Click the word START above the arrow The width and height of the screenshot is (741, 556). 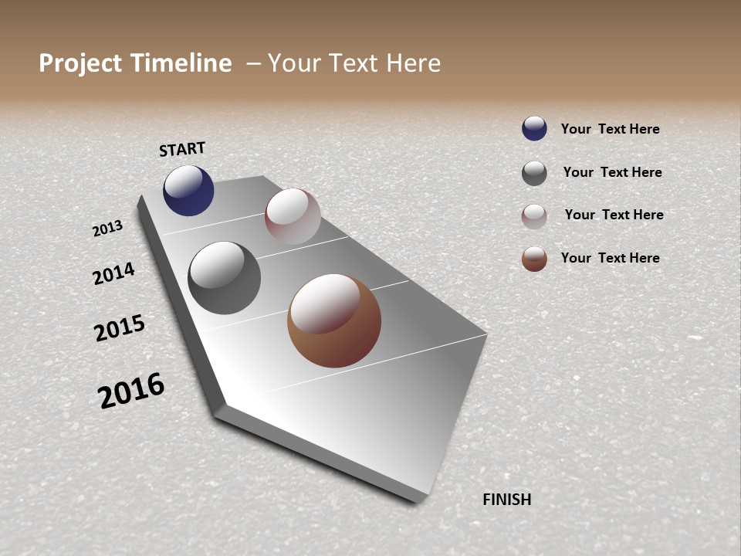(182, 149)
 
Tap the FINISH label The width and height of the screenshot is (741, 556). (506, 500)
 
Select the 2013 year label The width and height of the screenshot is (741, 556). (107, 229)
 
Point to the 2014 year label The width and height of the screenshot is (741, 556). (113, 273)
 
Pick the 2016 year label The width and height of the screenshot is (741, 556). (131, 391)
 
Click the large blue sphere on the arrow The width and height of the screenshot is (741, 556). (188, 191)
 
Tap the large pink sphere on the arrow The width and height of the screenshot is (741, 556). (293, 216)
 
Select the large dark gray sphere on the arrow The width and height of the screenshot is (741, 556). (224, 278)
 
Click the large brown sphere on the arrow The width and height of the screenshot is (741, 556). (334, 320)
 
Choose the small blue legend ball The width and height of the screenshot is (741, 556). (534, 129)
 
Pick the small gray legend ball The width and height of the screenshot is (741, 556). (534, 173)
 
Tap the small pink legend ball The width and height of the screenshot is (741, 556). (534, 216)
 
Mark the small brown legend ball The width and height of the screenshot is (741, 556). (534, 259)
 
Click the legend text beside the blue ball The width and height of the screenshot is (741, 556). (610, 129)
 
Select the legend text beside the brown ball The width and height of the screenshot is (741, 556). (610, 258)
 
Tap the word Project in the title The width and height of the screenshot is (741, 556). (80, 63)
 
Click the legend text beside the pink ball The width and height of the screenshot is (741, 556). (614, 215)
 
